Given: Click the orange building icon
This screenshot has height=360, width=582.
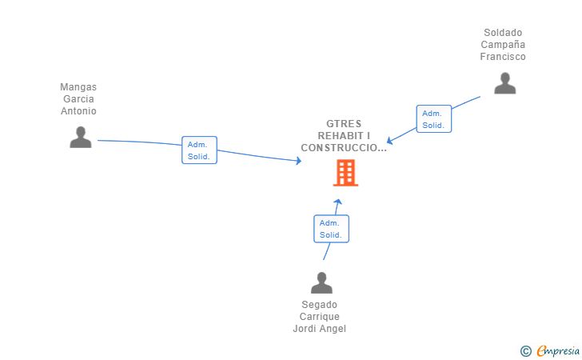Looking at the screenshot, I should coord(345,173).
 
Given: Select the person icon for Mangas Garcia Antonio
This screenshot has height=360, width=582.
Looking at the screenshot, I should coord(81,138).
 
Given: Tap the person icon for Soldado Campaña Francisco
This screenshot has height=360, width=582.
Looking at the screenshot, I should coord(504,83).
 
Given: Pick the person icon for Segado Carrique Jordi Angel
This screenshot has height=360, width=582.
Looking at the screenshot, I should coord(321,283).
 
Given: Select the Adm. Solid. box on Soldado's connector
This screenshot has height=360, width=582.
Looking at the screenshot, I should coord(433,119).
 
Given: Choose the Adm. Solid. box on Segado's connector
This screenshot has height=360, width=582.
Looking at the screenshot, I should coord(331,229).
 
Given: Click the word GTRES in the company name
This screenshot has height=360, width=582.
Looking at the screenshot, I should coord(344,124).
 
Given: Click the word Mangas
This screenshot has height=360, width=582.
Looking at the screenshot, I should coord(78,87).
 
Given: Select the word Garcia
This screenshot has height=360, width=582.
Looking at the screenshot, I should coord(78,99).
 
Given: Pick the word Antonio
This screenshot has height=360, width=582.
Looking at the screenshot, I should coord(78,111).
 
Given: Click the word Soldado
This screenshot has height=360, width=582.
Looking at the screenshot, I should coord(503,33).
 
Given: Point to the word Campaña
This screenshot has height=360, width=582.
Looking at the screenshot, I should coord(503,45).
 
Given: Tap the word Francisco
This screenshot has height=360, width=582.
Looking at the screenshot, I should coord(503,57).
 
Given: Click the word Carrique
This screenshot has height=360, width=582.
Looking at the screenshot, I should coord(320,317).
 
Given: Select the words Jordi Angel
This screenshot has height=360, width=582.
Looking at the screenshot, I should coord(320,329).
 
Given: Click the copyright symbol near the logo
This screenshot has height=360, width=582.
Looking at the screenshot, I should coord(525,350).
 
